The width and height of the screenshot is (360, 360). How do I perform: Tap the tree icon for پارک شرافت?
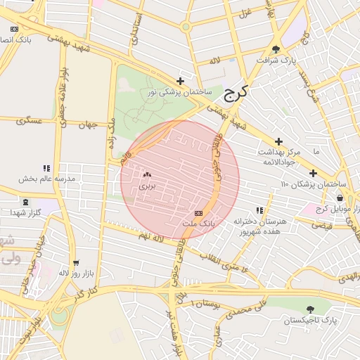coord(275,49)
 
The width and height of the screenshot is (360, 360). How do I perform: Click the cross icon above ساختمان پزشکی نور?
coord(181,81)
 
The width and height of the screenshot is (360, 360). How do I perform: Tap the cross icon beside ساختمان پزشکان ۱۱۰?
coord(313,173)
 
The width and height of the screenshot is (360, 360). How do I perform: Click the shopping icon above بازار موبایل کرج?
coord(340,198)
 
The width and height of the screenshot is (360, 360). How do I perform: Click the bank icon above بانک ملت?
coord(198,213)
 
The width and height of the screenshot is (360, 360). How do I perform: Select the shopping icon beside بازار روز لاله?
coord(76,262)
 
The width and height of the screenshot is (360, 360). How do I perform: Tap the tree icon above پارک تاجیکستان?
coord(310,309)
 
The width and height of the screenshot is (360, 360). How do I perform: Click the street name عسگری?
coord(30,121)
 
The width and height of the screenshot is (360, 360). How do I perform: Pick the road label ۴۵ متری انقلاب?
coord(226,262)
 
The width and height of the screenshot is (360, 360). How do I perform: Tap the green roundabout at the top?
coord(186,27)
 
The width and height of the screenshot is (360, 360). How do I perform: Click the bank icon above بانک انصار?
coord(15,29)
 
